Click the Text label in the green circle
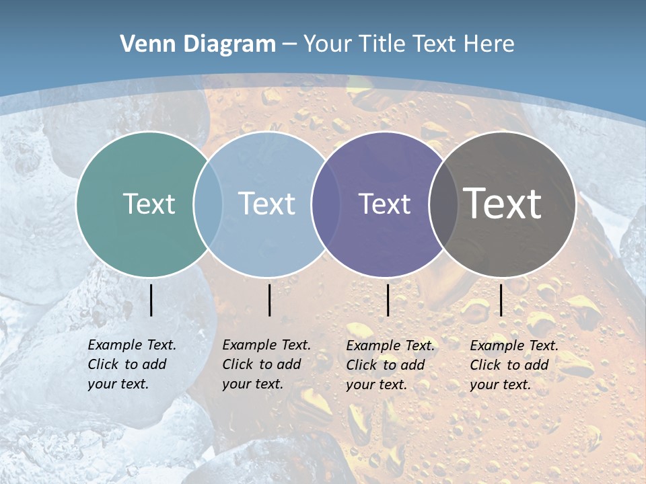click(149, 204)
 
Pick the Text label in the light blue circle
click(267, 204)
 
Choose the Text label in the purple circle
click(384, 204)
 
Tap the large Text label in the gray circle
click(503, 204)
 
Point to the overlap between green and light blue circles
click(208, 204)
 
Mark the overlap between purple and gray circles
click(443, 204)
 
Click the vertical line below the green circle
click(151, 300)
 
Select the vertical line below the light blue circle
click(269, 300)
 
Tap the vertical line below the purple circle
click(388, 300)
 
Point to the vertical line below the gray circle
click(501, 300)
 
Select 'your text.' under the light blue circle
click(252, 384)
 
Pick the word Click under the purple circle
click(361, 365)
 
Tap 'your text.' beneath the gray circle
click(500, 385)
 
